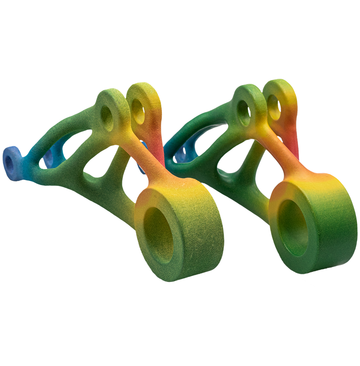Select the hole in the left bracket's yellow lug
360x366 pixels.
click(x=138, y=106)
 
